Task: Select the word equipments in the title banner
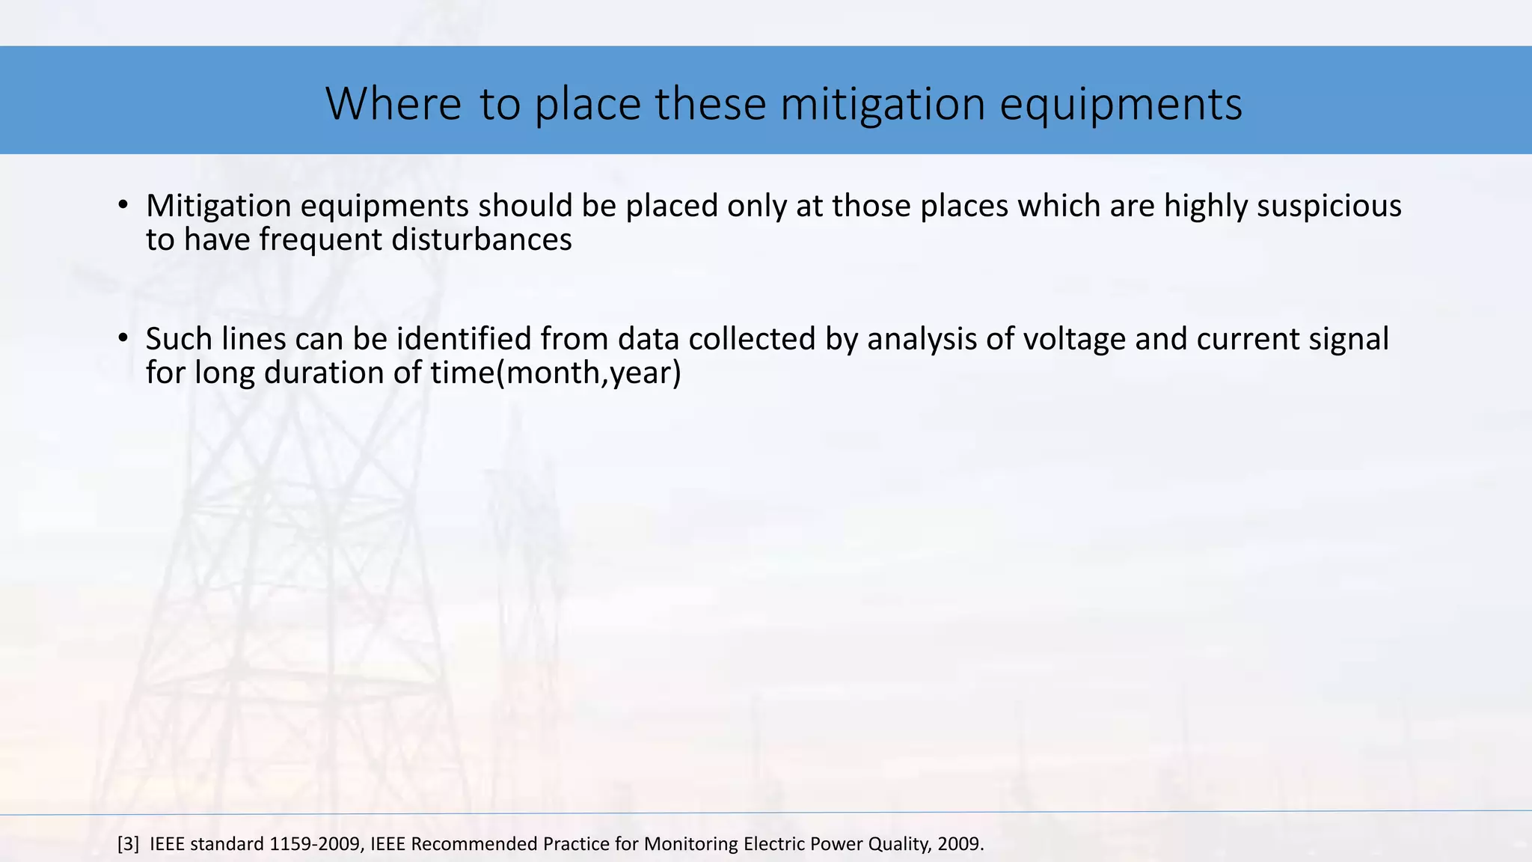pos(1121,105)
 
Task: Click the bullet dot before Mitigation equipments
pos(123,205)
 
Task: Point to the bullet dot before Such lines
pos(123,338)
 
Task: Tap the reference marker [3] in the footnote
pos(129,844)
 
